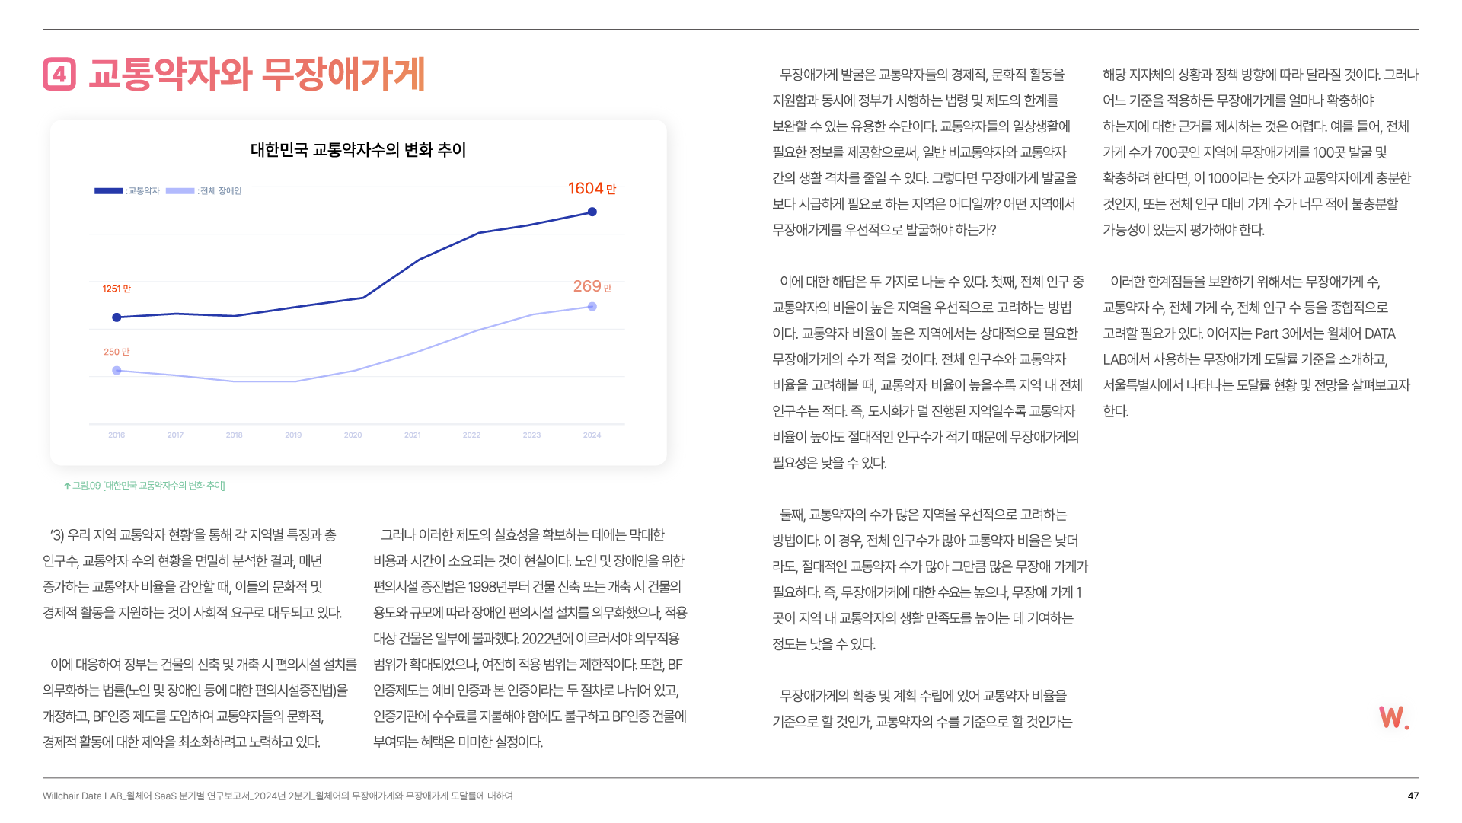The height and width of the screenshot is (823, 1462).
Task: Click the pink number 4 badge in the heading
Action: pos(59,75)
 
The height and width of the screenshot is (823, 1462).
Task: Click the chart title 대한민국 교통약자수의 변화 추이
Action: pos(358,150)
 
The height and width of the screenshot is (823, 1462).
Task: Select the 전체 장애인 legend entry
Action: pos(204,191)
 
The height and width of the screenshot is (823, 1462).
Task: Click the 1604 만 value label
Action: pos(592,189)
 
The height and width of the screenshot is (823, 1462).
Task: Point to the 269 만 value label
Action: pos(592,287)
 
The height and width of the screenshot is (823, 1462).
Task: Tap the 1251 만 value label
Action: pos(117,289)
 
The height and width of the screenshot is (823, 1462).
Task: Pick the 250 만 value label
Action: pos(117,352)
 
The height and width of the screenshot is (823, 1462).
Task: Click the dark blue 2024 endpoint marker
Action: pos(592,212)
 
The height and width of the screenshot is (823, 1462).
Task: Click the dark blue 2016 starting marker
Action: pos(117,317)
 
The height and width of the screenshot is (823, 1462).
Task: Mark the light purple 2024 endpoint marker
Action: pos(592,307)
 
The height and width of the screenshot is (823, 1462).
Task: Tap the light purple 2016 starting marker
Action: pos(117,371)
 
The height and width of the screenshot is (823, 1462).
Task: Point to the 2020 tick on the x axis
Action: pos(353,435)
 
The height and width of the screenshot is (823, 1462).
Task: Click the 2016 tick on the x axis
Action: pos(117,435)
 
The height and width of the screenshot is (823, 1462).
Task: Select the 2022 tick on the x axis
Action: pos(471,435)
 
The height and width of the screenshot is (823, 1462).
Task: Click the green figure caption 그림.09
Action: pos(145,486)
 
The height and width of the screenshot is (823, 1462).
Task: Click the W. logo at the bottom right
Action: pos(1393,717)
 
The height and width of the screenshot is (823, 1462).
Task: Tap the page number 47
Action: pos(1413,796)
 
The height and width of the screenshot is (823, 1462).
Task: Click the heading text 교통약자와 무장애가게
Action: pos(257,75)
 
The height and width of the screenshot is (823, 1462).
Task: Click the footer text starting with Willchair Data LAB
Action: pos(277,796)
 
